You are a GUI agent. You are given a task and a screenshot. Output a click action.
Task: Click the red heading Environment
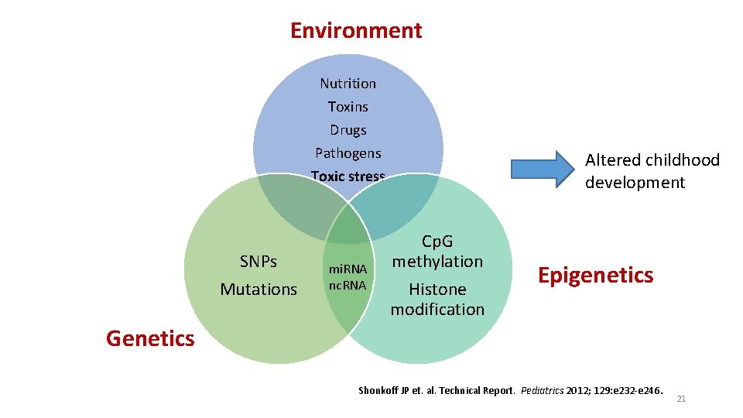pyautogui.click(x=356, y=30)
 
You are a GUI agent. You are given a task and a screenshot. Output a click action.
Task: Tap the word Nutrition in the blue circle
pyautogui.click(x=348, y=84)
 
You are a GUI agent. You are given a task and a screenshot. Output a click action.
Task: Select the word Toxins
pyautogui.click(x=348, y=107)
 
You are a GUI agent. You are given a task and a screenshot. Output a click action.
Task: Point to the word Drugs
pyautogui.click(x=348, y=130)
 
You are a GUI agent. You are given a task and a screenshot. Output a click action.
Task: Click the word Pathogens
pyautogui.click(x=348, y=153)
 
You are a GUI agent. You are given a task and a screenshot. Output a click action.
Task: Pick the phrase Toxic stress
pyautogui.click(x=348, y=176)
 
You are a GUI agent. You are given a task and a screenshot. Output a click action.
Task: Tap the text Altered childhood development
pyautogui.click(x=652, y=171)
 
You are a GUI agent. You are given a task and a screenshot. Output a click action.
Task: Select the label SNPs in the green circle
pyautogui.click(x=259, y=262)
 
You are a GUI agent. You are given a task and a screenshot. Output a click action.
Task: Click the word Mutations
pyautogui.click(x=259, y=290)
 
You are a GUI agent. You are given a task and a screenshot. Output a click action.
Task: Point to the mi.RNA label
pyautogui.click(x=348, y=269)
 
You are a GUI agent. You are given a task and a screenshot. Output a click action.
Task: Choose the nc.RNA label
pyautogui.click(x=348, y=285)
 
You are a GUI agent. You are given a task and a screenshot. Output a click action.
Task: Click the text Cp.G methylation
pyautogui.click(x=437, y=252)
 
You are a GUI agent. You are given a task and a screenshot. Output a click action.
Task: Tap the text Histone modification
pyautogui.click(x=437, y=299)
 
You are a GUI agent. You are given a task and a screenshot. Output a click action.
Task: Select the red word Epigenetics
pyautogui.click(x=595, y=276)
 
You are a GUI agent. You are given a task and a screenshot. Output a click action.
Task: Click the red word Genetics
pyautogui.click(x=150, y=338)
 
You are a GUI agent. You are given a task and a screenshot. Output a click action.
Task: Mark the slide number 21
pyautogui.click(x=681, y=399)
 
